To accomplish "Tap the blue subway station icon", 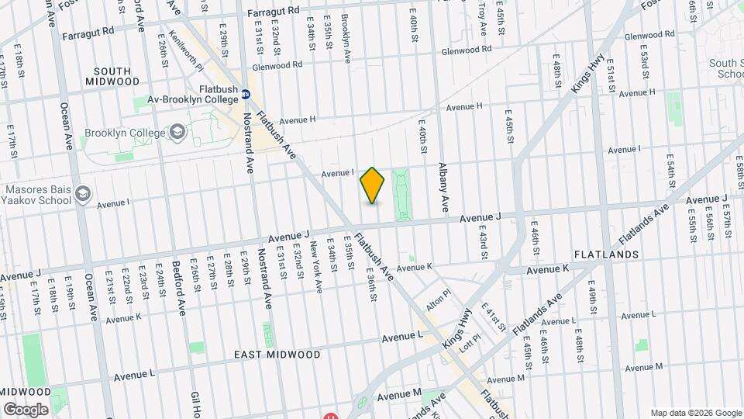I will coord(246,95).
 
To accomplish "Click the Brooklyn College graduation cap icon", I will coord(177,133).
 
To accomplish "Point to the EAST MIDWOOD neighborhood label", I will coord(277,355).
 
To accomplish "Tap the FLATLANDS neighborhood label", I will coord(606,255).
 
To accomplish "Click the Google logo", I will coord(26,409).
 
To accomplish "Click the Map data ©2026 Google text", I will coord(695,413).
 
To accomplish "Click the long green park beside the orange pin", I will coord(401,195).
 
